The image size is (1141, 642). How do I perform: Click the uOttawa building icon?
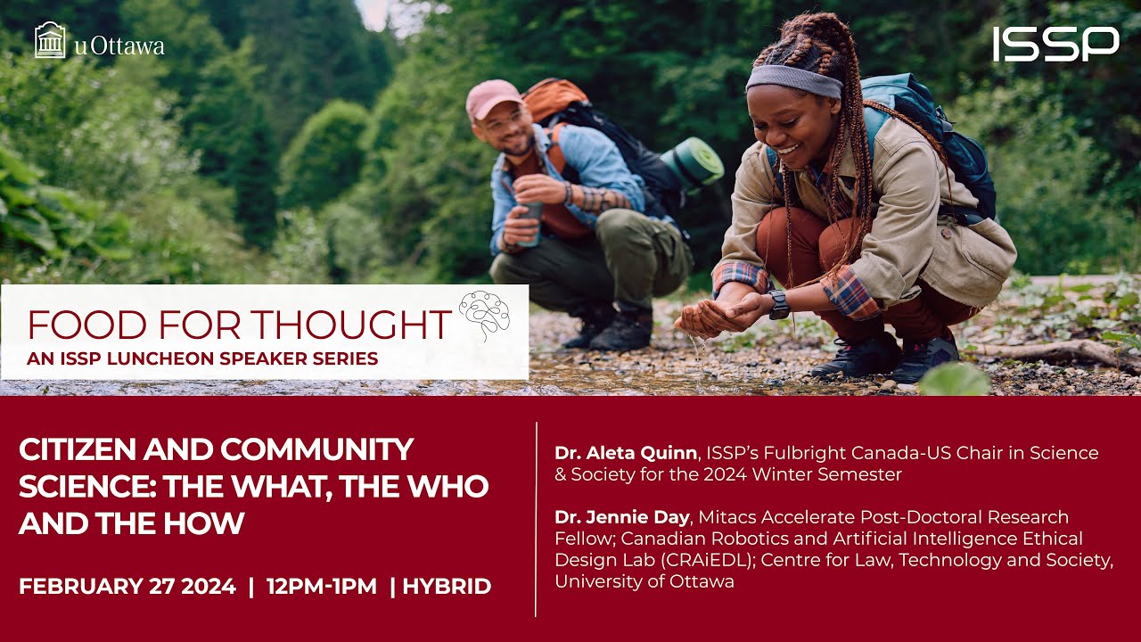pyautogui.click(x=50, y=40)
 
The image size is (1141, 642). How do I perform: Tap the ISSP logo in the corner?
pyautogui.click(x=1055, y=44)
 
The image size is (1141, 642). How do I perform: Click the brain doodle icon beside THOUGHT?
pyautogui.click(x=484, y=315)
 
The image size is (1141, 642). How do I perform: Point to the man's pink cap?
pyautogui.click(x=493, y=98)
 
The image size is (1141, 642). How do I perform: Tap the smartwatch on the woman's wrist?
pyautogui.click(x=779, y=304)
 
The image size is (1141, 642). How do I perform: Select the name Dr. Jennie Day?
pyautogui.click(x=622, y=517)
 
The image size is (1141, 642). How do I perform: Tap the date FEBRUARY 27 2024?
pyautogui.click(x=127, y=587)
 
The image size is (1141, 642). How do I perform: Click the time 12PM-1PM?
pyautogui.click(x=321, y=587)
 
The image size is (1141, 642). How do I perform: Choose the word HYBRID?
pyautogui.click(x=447, y=587)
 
